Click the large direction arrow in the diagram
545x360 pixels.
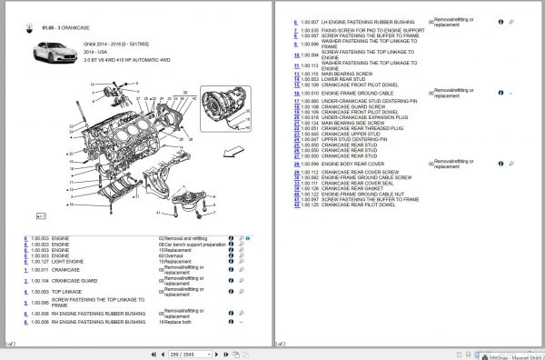click(x=233, y=151)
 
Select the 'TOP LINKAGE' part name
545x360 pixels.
click(x=65, y=292)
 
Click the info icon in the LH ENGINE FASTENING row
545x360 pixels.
click(x=500, y=22)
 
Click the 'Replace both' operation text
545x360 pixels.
click(x=178, y=322)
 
